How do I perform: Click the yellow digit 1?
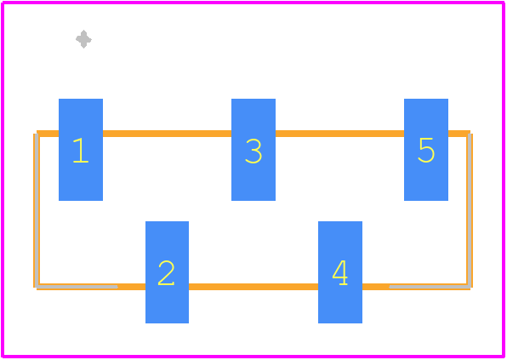click(81, 150)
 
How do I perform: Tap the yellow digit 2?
click(166, 272)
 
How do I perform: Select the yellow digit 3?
click(253, 151)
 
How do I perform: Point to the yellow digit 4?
click(339, 272)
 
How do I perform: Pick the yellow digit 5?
click(426, 150)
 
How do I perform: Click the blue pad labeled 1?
click(81, 150)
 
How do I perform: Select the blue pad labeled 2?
click(168, 272)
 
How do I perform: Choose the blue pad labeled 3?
click(253, 150)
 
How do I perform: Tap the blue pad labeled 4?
click(340, 272)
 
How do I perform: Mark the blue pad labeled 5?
click(426, 150)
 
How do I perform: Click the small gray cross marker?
click(83, 39)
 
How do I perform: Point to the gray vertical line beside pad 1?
click(37, 210)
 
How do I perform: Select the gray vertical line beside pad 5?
click(470, 210)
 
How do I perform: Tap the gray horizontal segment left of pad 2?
click(77, 287)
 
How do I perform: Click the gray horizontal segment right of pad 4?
click(430, 287)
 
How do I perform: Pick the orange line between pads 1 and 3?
click(168, 134)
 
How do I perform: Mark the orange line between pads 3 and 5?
click(339, 134)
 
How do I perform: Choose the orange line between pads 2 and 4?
click(253, 287)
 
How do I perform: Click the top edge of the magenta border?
click(253, 3)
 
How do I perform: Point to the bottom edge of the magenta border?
click(253, 357)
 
